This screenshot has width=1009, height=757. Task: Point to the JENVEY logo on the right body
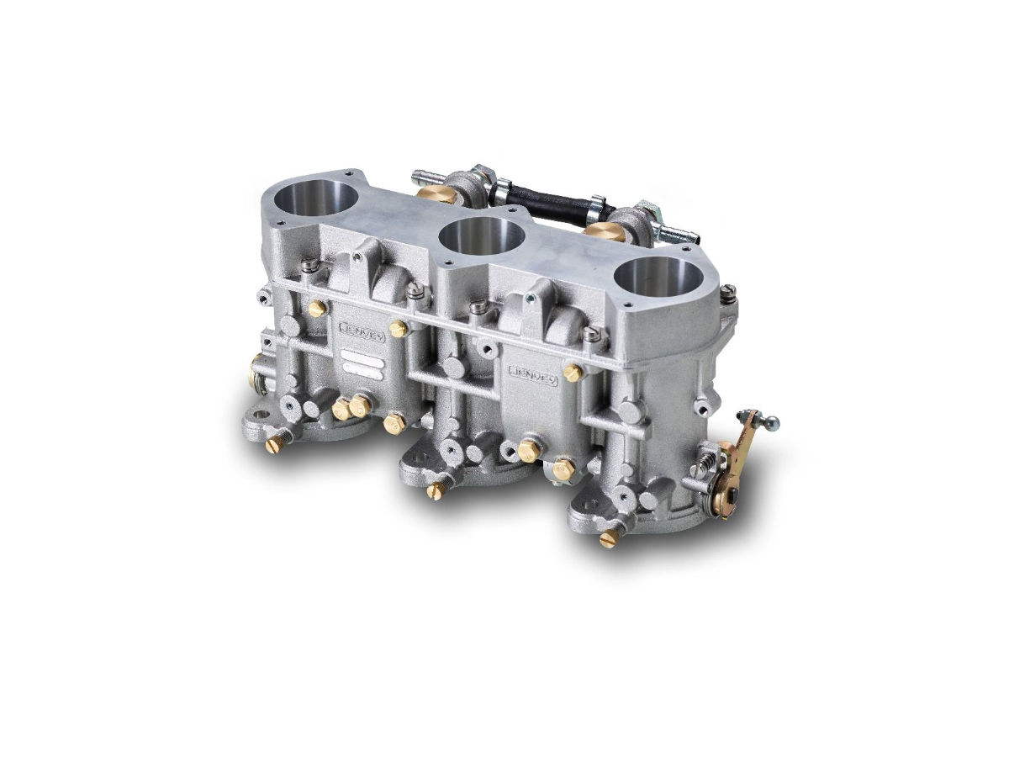[x=534, y=374]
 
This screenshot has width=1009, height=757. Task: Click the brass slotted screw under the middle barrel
[x=435, y=491]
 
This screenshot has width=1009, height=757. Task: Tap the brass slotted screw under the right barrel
[x=607, y=539]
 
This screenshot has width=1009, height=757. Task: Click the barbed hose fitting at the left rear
[x=424, y=177]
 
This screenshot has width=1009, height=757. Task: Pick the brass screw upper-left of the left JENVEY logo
[x=317, y=309]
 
